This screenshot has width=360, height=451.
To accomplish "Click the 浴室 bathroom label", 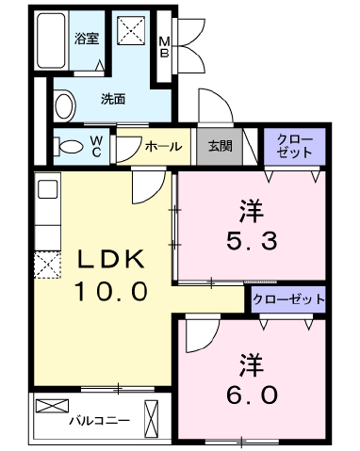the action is (x=87, y=39).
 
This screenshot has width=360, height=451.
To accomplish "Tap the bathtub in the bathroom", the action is (x=51, y=40).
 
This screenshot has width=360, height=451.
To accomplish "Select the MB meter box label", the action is (x=164, y=47).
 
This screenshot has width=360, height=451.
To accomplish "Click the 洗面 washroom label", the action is (x=113, y=99).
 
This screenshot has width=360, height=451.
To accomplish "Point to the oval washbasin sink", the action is (x=65, y=105).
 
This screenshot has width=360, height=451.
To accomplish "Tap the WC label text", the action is (x=96, y=146).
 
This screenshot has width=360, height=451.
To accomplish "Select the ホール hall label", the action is (x=163, y=146).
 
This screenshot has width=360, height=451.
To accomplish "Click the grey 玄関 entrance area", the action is (x=220, y=146).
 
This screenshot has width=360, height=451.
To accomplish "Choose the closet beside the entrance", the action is (x=294, y=146).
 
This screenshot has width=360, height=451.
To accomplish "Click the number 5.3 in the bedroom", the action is (x=252, y=240).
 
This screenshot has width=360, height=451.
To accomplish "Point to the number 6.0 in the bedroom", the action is (x=252, y=395).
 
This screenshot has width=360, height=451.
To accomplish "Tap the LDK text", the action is (x=111, y=259).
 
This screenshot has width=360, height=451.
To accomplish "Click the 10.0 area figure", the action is (x=111, y=291).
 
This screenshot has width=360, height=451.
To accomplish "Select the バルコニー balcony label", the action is (x=99, y=420).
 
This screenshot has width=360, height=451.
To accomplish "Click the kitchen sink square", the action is (x=47, y=189).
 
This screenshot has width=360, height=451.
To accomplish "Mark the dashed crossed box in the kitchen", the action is (x=47, y=265).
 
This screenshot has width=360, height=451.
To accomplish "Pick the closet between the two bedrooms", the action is (x=288, y=299).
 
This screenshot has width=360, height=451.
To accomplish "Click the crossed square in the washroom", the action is (x=131, y=30).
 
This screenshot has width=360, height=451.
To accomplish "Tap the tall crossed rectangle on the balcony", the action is (x=151, y=419).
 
